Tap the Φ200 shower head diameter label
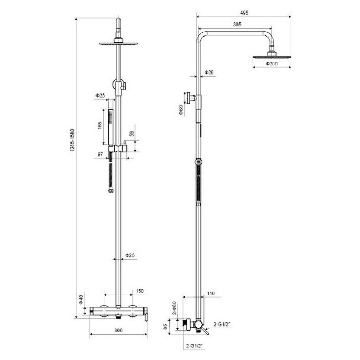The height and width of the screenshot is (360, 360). [x=271, y=63]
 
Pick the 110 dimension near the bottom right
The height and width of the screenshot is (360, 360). [x=210, y=294]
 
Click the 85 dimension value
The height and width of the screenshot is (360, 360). [x=166, y=327]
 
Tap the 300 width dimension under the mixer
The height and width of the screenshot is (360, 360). [x=118, y=330]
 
